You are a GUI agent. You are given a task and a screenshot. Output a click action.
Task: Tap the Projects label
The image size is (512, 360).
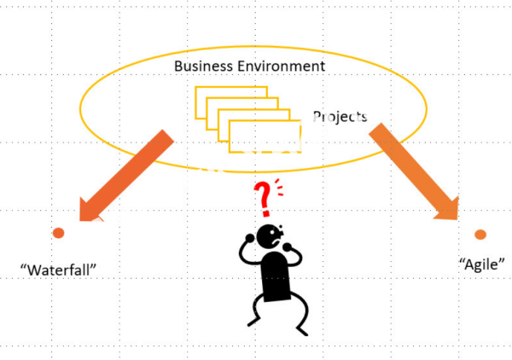coord(340,116)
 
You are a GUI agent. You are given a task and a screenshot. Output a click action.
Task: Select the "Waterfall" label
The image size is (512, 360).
coord(58,270)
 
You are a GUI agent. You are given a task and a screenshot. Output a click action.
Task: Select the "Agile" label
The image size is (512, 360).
coord(481,264)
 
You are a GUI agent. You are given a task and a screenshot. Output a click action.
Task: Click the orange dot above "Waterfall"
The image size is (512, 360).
coord(58,233)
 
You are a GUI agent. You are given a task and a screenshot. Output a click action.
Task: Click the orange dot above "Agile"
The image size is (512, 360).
coord(480,234)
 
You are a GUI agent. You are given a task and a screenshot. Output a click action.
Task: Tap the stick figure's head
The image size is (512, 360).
coord(271,235)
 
